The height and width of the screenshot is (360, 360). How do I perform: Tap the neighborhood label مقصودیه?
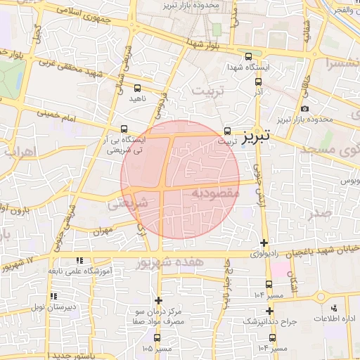(x=215, y=192)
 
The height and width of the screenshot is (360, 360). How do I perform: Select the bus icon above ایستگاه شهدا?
(x=247, y=57)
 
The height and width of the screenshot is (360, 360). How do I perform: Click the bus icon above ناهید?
(x=136, y=89)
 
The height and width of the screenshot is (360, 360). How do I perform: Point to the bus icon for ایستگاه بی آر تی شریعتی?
(x=124, y=129)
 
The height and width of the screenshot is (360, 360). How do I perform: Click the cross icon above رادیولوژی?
(x=264, y=243)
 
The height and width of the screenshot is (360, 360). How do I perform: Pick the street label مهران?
(x=102, y=231)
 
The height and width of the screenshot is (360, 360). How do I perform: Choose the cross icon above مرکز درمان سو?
(x=159, y=300)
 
